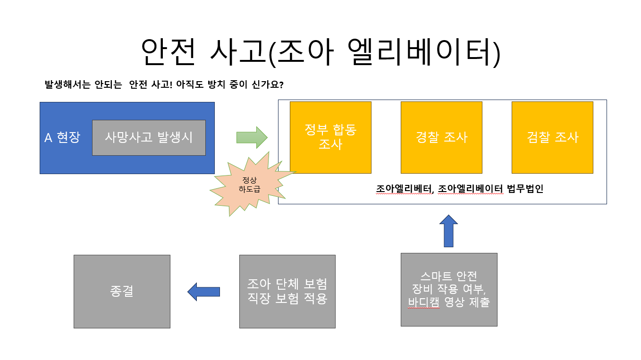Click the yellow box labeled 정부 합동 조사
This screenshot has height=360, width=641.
click(x=330, y=137)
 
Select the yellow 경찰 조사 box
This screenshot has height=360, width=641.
click(x=441, y=137)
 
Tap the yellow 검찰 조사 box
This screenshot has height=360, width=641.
click(x=552, y=137)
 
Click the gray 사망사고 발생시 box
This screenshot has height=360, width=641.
click(x=149, y=137)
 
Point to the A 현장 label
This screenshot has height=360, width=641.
click(x=62, y=137)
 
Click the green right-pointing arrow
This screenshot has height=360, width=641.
click(x=252, y=137)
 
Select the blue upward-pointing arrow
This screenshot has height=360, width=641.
click(x=448, y=231)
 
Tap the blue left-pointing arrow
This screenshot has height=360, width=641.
click(x=204, y=292)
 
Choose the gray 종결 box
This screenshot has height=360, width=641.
click(x=122, y=291)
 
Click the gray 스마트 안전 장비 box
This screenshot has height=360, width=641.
click(x=448, y=289)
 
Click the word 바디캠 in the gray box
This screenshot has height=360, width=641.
click(x=423, y=302)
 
